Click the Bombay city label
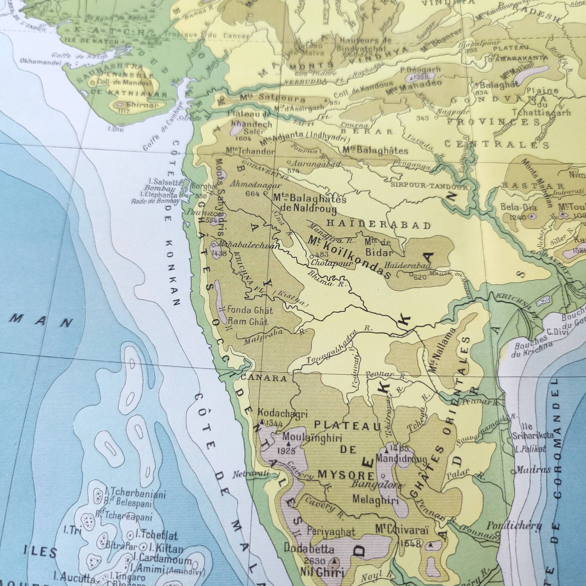(165, 189)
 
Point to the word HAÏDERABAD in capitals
(379, 225)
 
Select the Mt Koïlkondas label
(349, 256)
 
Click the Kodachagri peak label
(283, 413)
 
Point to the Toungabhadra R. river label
(334, 351)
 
